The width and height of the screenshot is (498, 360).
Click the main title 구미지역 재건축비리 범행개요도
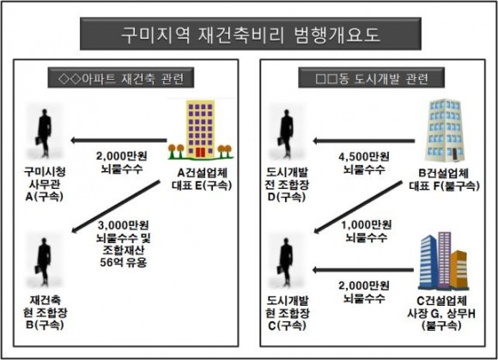tap(251, 34)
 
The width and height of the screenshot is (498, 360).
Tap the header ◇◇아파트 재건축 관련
tap(121, 78)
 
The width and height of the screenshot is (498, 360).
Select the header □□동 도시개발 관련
tap(371, 78)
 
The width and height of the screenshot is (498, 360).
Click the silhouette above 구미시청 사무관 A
tap(44, 133)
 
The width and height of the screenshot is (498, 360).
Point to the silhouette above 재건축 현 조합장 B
tap(43, 261)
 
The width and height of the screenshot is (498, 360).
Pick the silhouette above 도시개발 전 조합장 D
tap(286, 133)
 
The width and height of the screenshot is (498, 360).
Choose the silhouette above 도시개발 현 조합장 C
tap(286, 262)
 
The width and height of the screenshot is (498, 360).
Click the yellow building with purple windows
tap(200, 129)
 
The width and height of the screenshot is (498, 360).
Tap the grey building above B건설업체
tap(445, 131)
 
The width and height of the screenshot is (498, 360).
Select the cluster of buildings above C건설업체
tap(443, 261)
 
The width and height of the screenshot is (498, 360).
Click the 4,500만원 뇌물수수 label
tap(364, 163)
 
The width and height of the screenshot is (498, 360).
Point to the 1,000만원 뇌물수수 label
tap(366, 231)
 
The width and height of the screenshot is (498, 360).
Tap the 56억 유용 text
tap(124, 262)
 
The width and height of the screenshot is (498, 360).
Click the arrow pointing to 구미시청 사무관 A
tap(118, 140)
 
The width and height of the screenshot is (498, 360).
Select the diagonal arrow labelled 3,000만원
tap(116, 206)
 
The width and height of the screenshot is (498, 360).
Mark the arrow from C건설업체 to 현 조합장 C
tap(363, 270)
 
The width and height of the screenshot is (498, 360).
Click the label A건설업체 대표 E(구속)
tap(202, 179)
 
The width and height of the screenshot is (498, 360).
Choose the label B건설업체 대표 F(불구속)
tap(444, 180)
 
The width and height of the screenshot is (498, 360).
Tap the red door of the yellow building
tap(200, 152)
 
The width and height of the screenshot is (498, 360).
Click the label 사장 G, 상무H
tap(441, 314)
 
